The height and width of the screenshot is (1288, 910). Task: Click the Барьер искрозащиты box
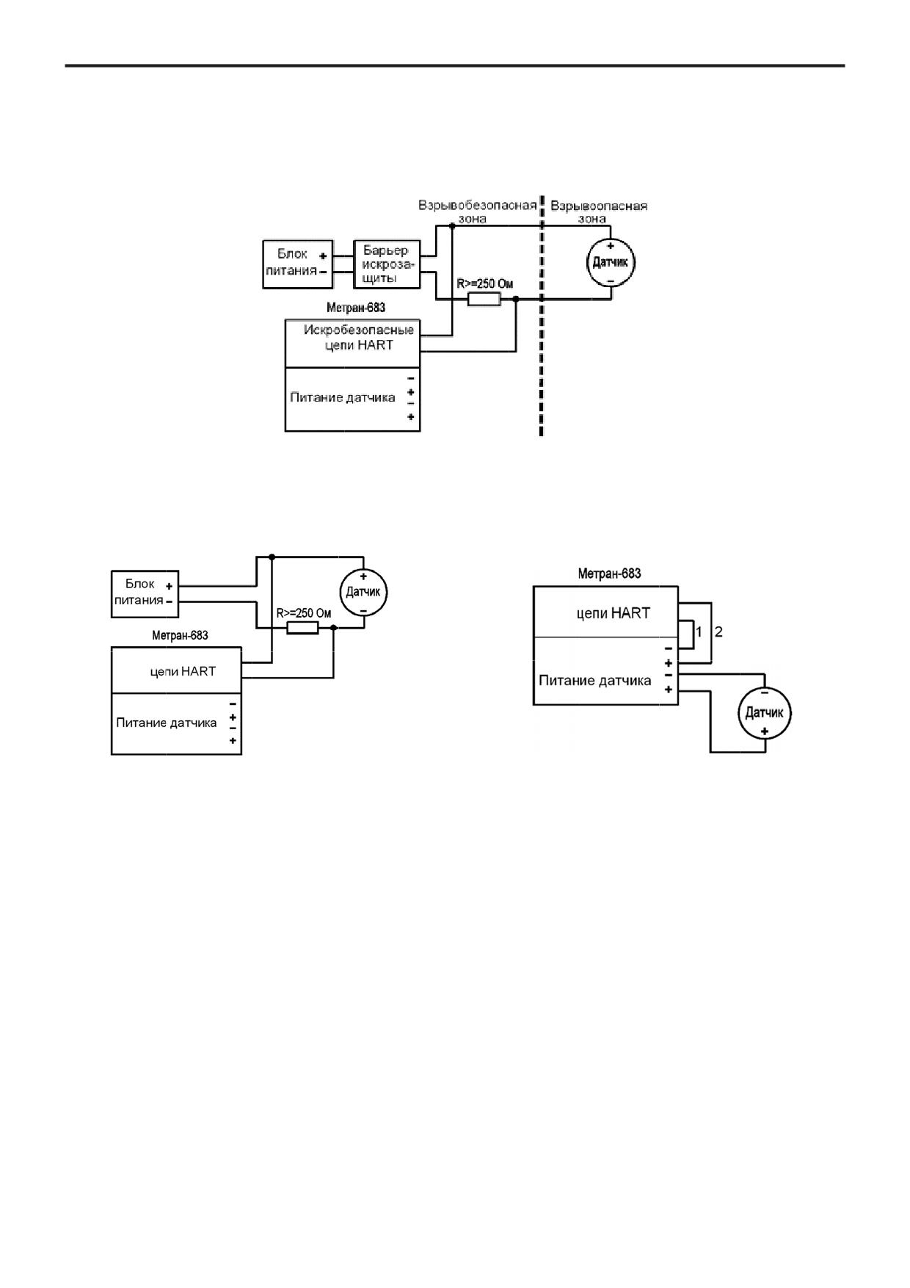(387, 264)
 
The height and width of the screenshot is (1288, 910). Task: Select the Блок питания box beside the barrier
(298, 264)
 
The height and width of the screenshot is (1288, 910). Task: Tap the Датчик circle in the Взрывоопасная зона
(611, 263)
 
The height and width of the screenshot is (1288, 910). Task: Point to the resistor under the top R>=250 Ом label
(484, 299)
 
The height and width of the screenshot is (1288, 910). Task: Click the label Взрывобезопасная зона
(478, 211)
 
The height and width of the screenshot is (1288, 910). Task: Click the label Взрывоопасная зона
(599, 211)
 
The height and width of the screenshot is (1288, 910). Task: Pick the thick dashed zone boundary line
(542, 316)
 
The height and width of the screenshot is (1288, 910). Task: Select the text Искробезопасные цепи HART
(359, 337)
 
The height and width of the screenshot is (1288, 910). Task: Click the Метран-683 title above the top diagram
(356, 308)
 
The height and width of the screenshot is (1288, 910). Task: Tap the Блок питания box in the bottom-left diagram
(145, 593)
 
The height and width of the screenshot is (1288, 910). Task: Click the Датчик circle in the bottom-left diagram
(363, 592)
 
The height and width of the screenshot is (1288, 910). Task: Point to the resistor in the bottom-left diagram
(302, 628)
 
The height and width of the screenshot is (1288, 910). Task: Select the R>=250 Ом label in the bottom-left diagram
(304, 613)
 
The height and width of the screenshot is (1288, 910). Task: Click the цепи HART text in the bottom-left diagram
(183, 671)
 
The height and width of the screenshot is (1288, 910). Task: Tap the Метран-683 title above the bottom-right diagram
(609, 574)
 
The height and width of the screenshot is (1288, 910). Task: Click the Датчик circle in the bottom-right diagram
(765, 712)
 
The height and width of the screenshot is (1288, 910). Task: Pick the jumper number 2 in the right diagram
(718, 632)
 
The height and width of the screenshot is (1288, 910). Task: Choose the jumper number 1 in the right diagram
(699, 632)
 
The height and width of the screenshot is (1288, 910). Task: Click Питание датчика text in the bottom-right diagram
(595, 681)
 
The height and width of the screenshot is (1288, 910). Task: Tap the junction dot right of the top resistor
(516, 299)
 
